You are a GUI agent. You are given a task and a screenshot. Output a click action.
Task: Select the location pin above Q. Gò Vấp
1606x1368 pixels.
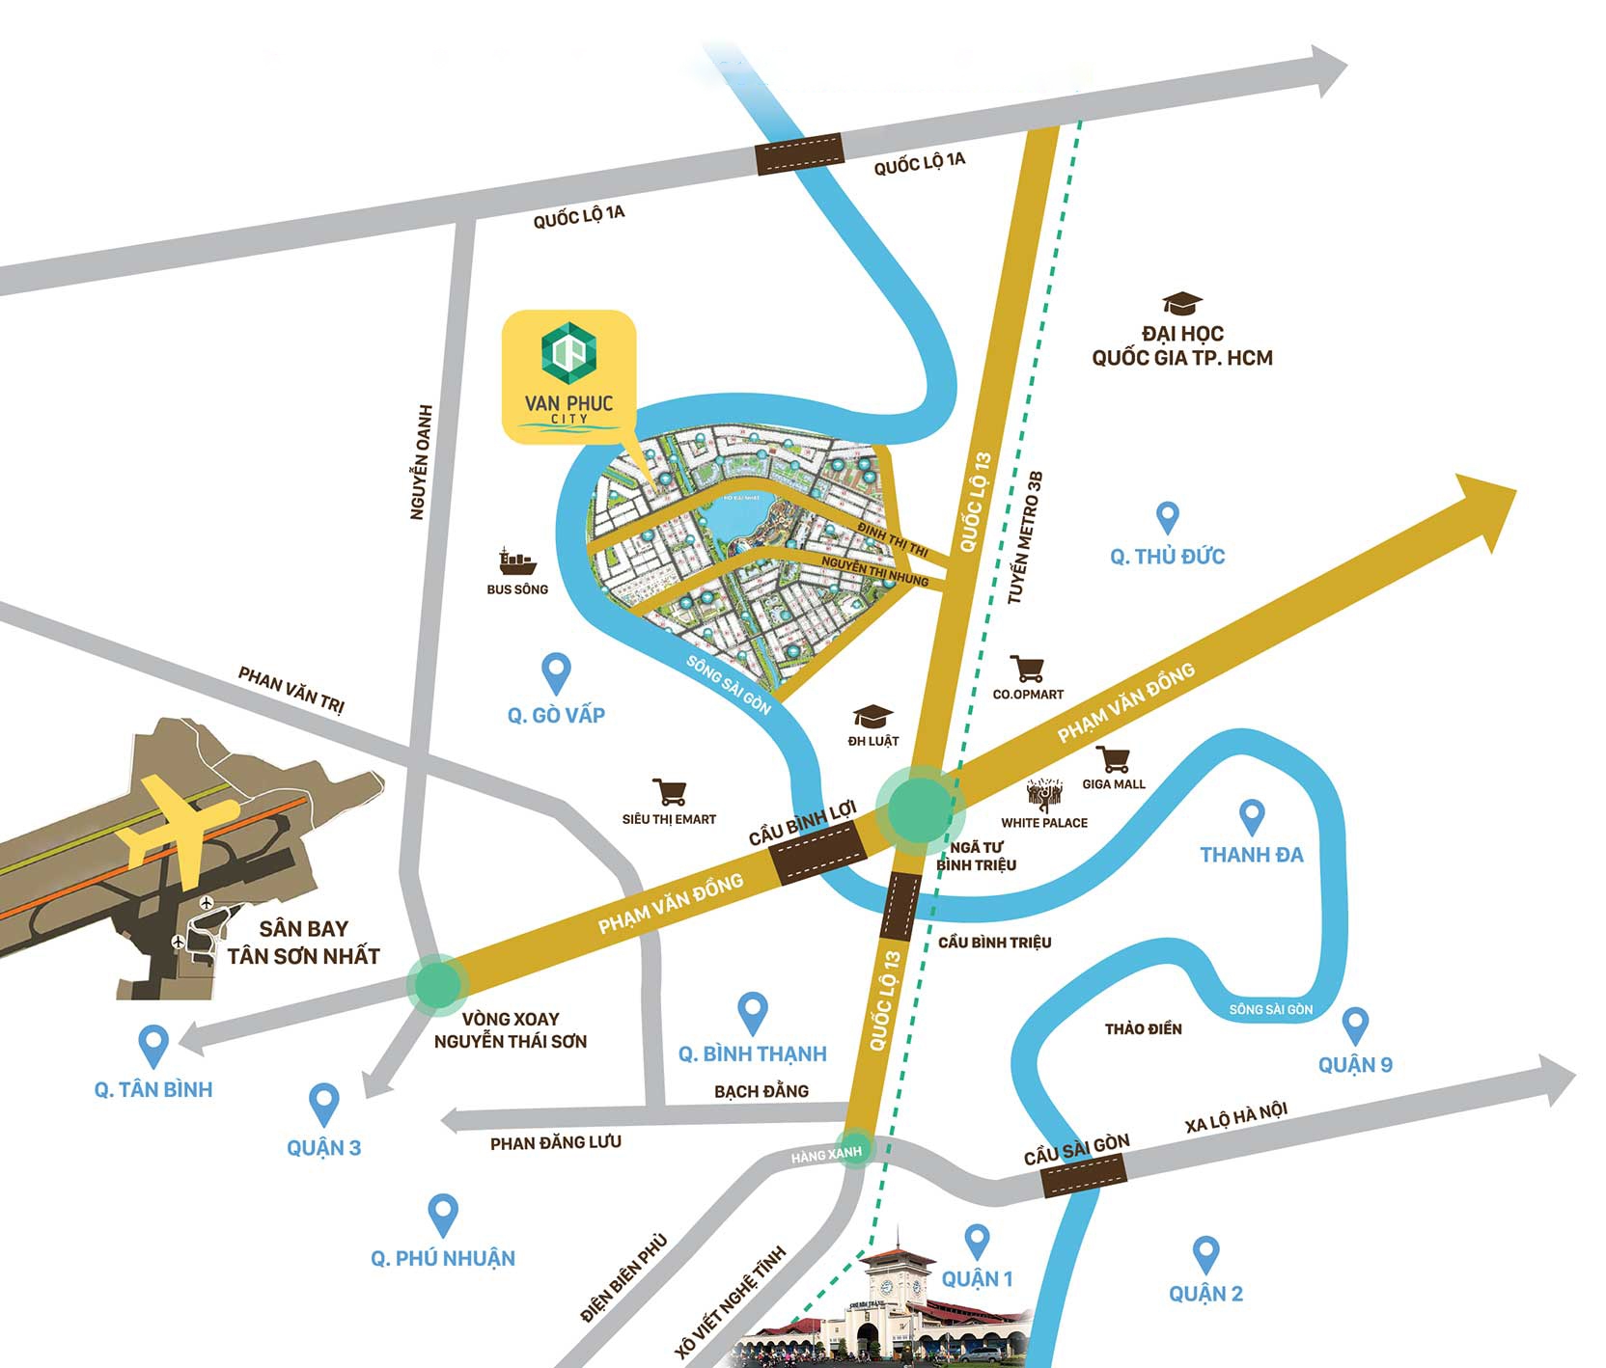pos(556,670)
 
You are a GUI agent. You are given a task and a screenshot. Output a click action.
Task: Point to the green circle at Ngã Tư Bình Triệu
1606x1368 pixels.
pos(919,808)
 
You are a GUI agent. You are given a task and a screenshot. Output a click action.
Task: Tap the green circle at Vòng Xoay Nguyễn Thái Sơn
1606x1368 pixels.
pos(438,983)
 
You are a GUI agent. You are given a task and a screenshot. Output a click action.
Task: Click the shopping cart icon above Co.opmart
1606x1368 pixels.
pos(1027,668)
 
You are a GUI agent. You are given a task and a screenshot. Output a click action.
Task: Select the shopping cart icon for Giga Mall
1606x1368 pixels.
pos(1113,759)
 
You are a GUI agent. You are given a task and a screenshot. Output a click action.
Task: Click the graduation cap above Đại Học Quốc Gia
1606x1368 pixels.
pos(1181,303)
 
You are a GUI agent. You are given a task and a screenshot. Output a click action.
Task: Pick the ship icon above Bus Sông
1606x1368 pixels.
pos(517,561)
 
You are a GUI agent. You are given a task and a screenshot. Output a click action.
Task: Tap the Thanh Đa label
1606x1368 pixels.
pos(1251,855)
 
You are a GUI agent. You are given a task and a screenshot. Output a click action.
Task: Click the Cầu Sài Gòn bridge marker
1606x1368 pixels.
pos(1085,1175)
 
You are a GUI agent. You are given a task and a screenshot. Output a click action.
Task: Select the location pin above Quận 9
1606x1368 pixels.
pos(1355,1025)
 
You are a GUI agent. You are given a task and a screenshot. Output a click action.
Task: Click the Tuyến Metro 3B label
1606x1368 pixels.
pos(1025,538)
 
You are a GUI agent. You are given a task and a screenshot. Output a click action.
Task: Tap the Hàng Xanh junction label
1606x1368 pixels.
pos(826,1153)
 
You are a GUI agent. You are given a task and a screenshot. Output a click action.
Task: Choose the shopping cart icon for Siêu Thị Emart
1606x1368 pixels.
pos(669,792)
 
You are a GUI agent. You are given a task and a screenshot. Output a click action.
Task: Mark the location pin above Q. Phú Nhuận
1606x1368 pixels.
pos(442,1213)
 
